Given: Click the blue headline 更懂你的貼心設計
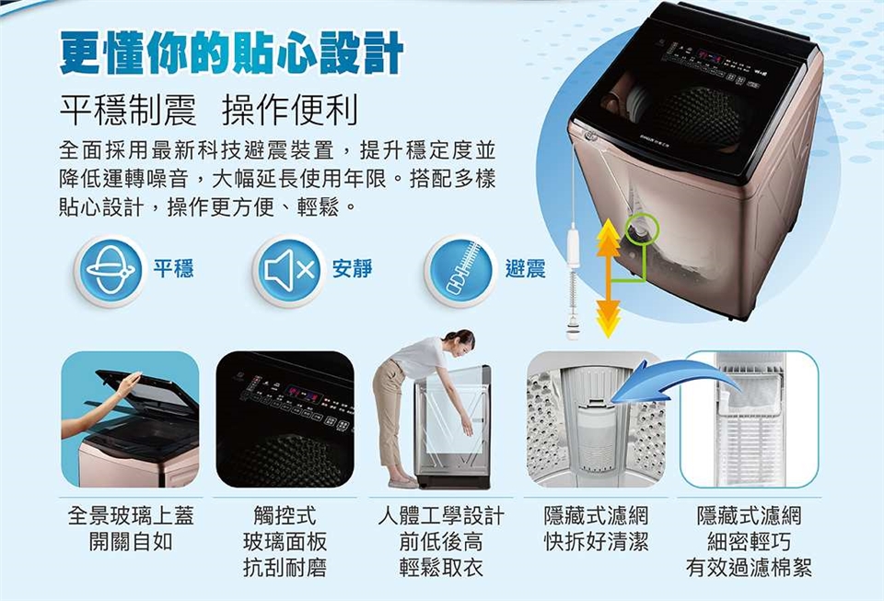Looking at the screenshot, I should (231, 53).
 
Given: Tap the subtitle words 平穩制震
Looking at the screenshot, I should (127, 112).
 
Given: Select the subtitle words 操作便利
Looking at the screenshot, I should (289, 112).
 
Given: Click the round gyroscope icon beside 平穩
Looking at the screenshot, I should (110, 270).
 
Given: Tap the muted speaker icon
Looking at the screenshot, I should (287, 270).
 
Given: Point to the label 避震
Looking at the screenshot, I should (525, 269).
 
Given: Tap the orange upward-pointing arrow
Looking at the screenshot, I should (608, 245).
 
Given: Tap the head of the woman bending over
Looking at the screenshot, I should (460, 340).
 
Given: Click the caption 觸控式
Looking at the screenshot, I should (285, 515).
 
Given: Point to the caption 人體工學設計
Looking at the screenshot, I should (441, 515).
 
